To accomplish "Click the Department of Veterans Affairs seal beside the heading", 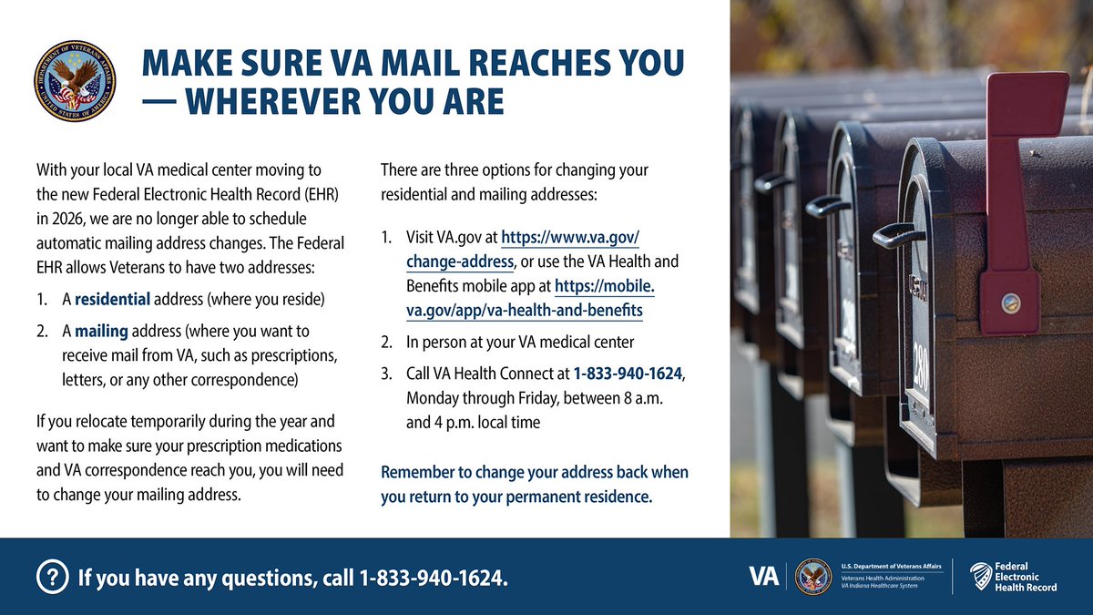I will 76,81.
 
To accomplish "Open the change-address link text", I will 460,262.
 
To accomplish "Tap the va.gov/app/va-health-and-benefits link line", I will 524,311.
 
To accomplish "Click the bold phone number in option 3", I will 628,374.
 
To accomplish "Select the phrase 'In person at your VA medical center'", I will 520,343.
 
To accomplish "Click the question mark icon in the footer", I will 53,578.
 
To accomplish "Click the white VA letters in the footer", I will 763,576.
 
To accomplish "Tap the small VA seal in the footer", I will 812,577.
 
